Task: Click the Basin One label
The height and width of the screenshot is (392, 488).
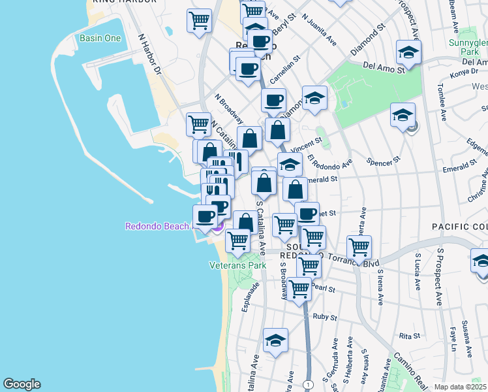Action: click(x=100, y=39)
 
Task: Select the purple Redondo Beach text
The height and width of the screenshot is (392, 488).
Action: click(x=158, y=227)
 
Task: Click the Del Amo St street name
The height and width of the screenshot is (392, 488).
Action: click(x=378, y=66)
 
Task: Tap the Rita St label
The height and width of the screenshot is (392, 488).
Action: click(x=409, y=336)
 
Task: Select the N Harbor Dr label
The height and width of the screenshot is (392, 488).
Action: click(x=149, y=53)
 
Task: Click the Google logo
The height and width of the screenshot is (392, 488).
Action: click(x=22, y=384)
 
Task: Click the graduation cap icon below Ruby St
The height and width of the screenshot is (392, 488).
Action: click(x=276, y=340)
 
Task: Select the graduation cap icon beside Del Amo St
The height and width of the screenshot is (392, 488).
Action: click(x=408, y=52)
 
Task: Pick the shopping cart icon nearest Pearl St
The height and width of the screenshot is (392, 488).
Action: click(x=299, y=288)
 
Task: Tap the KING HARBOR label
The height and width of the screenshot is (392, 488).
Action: click(x=125, y=2)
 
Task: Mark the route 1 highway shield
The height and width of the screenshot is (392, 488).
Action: click(x=307, y=383)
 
